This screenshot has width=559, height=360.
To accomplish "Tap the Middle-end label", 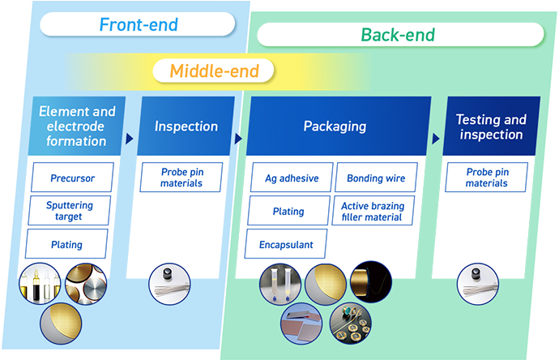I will click(x=214, y=71).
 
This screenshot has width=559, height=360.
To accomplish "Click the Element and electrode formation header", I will click(x=77, y=126).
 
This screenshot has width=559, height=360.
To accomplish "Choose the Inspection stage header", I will click(x=186, y=126).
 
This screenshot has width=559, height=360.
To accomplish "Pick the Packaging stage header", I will click(x=335, y=126).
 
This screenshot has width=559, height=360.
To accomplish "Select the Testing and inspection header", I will click(x=490, y=126).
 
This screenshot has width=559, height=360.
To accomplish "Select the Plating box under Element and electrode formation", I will click(x=66, y=244).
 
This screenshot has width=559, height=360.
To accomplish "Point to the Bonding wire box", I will click(x=375, y=178).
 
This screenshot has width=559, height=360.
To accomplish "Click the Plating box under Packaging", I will click(x=288, y=212).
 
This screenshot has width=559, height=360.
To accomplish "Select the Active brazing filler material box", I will click(x=373, y=212).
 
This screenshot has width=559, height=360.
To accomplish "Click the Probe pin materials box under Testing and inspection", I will click(x=486, y=177).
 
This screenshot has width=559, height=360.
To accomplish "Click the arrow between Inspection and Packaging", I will click(x=238, y=139).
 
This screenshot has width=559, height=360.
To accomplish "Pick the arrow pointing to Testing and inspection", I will click(x=435, y=139).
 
